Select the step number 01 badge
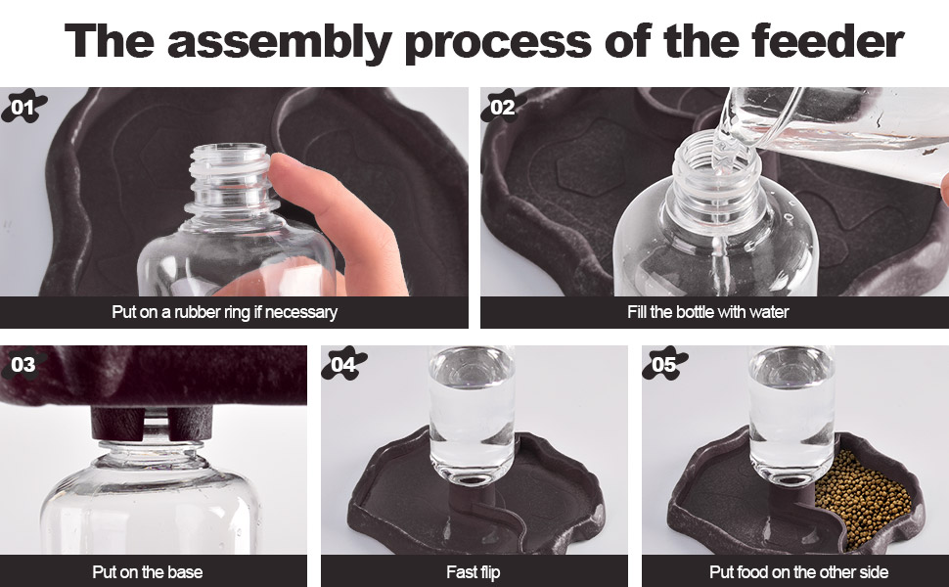tap(23, 107)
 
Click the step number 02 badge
tap(502, 107)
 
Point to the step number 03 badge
tap(23, 364)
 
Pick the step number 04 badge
tap(343, 364)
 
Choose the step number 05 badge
tap(664, 364)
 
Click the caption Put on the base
tap(147, 572)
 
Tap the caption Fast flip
tap(474, 572)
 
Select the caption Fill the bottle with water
tap(707, 312)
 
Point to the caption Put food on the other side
tap(798, 572)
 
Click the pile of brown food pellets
tap(864, 499)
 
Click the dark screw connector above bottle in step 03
tap(152, 423)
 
